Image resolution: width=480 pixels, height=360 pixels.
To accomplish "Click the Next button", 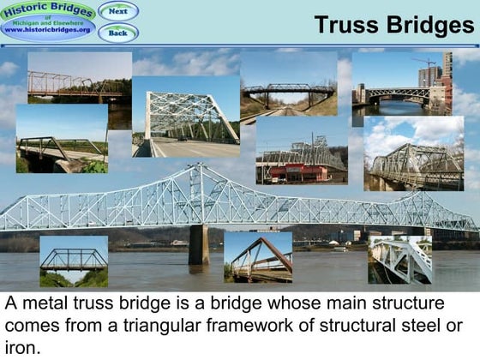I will point(118,11).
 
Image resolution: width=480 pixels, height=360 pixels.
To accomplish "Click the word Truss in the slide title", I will point(346,25).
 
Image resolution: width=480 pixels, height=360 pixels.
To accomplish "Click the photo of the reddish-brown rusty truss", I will point(258,256).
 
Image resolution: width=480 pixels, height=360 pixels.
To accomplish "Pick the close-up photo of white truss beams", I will point(399,259).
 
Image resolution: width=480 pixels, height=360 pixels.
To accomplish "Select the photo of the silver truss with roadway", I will point(186,117).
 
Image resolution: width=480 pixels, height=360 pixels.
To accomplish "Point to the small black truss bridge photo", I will point(74,261).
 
